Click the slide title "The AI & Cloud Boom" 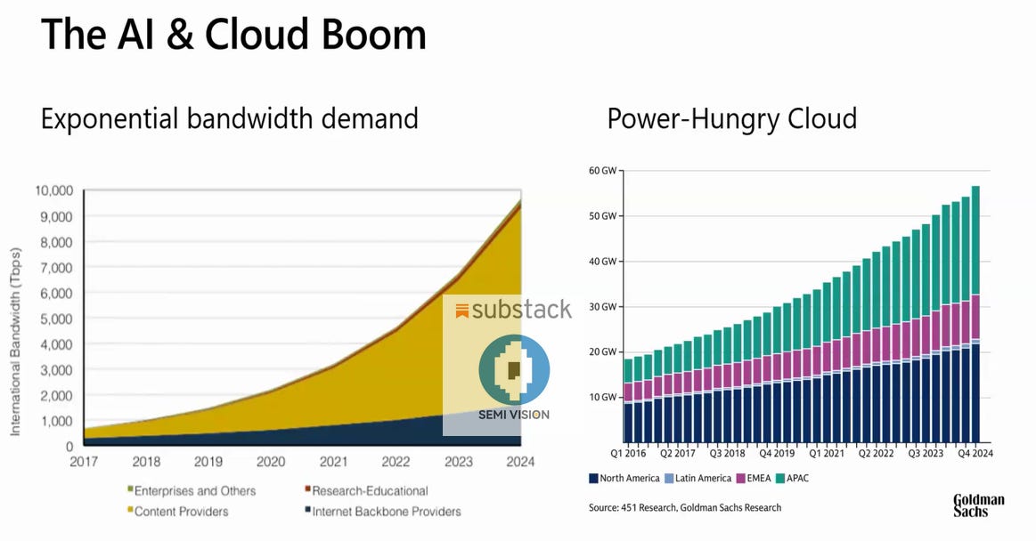coord(233,35)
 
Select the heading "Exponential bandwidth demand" coord(229,117)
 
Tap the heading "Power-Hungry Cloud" coord(731,117)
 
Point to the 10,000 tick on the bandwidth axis coord(53,190)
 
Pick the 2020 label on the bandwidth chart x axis coord(271,462)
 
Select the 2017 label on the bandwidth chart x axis coord(84,462)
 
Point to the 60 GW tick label coord(603,170)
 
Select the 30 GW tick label coord(603,307)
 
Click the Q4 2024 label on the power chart coord(975,453)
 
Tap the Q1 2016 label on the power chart coord(628,453)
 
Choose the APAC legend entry coord(795,479)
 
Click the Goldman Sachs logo coord(978,505)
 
